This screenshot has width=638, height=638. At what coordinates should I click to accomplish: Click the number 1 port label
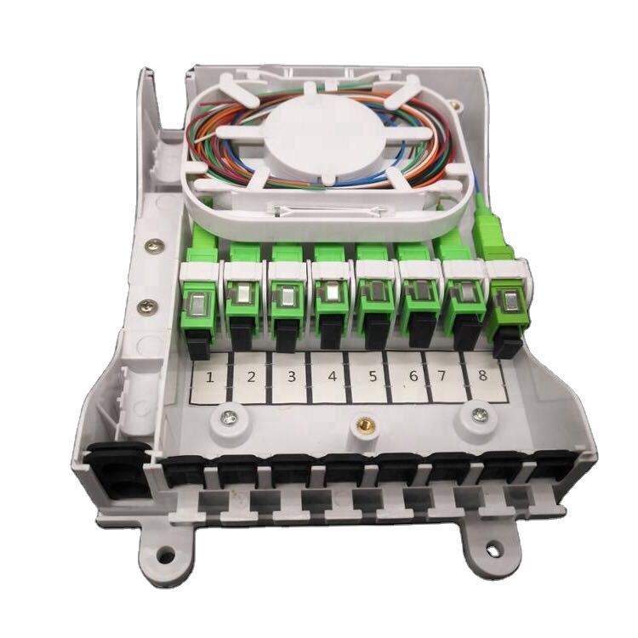tap(209, 378)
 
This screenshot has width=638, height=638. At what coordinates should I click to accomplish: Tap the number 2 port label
tap(251, 377)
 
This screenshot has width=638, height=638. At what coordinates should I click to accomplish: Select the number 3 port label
tap(291, 377)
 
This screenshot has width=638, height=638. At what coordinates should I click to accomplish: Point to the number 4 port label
tap(332, 376)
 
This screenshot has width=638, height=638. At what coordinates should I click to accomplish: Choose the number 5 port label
tap(372, 376)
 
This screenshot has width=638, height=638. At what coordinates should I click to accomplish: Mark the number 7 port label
tap(441, 375)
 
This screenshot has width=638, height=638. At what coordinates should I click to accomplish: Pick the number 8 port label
tap(482, 375)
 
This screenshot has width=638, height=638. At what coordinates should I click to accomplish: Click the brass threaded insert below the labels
tap(363, 425)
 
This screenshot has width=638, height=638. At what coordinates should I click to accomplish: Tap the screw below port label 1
tap(228, 417)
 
